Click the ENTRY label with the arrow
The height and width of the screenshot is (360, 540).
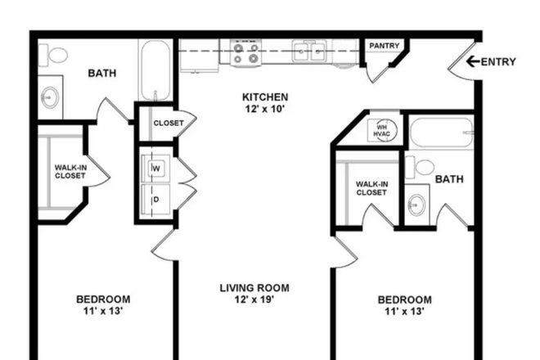pos(491,61)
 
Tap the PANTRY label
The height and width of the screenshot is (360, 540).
pos(383,47)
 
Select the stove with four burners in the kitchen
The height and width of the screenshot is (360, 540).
pos(245,54)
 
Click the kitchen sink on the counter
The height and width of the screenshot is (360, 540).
pos(311,53)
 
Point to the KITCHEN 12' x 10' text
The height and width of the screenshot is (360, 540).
pos(264,102)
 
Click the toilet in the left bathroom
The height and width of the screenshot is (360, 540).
pos(56,56)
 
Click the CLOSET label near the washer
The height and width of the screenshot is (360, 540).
pos(169,124)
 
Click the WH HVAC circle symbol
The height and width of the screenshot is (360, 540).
pos(381,128)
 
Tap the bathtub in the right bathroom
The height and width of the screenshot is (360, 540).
pos(442,132)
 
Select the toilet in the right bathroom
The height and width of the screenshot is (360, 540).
pos(423,167)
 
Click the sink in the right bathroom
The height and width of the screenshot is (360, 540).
pos(417,203)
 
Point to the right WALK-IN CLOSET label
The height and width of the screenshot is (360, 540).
pos(371,188)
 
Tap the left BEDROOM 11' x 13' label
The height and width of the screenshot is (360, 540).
pos(103,304)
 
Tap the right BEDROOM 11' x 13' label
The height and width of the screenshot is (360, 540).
pos(404,304)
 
